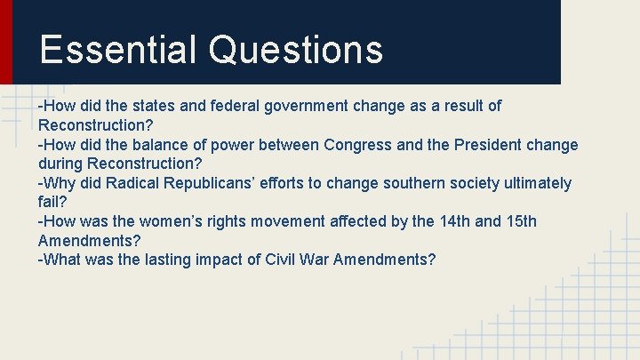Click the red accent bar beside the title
click(x=6, y=42)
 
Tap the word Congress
click(x=360, y=145)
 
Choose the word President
click(x=488, y=145)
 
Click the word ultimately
click(x=537, y=183)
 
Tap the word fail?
click(x=53, y=203)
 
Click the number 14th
click(x=451, y=221)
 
